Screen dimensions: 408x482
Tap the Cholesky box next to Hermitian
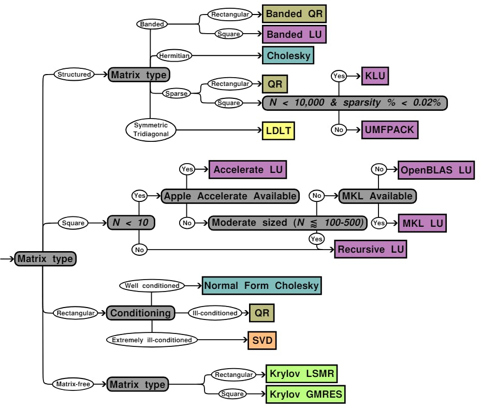coord(288,55)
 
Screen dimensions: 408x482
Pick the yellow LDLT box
coord(279,130)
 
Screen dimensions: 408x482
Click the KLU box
coord(375,76)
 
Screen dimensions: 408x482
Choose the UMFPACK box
coord(389,129)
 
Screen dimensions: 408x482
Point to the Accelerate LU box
coord(247,169)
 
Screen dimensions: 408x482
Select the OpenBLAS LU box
coord(436,169)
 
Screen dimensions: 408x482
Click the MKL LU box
coord(422,223)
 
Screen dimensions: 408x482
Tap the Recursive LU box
coord(370,249)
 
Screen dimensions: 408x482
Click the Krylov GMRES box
coord(305,394)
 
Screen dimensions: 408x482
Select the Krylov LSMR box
coord(302,373)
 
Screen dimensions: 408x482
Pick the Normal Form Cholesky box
coord(261,286)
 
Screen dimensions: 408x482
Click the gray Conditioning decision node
coord(140,313)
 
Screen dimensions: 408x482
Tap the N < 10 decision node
coord(131,223)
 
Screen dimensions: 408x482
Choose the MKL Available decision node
coord(377,196)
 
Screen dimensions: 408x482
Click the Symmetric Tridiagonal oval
coord(151,129)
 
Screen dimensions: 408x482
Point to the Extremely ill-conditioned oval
coord(152,340)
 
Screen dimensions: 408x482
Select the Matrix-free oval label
coord(74,384)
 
